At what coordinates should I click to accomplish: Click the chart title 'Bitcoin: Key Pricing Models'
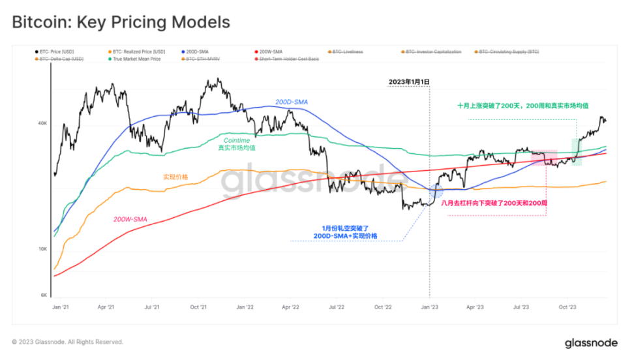[121, 22]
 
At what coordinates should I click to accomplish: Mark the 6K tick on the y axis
[43, 295]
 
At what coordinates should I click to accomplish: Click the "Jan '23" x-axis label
[429, 306]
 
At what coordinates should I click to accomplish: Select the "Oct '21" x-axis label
[198, 306]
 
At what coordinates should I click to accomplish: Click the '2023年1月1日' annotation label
[409, 82]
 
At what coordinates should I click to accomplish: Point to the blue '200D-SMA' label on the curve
[292, 102]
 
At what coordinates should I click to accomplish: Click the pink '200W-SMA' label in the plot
[130, 219]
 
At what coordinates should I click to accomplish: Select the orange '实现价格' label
[175, 176]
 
